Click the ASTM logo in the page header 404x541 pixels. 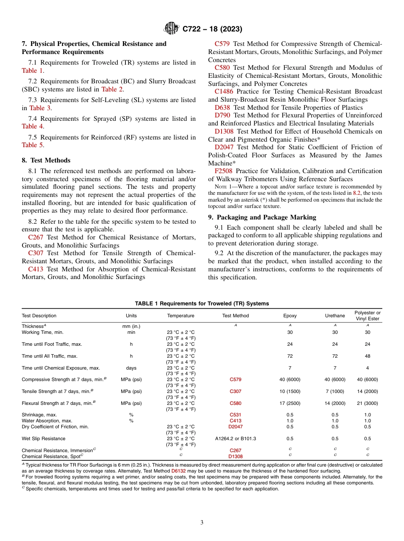(x=171, y=29)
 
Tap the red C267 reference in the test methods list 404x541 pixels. (x=36, y=237)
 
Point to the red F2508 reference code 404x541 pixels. (x=223, y=171)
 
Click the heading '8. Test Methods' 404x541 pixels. (x=46, y=160)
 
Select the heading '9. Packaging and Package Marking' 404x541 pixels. (x=262, y=217)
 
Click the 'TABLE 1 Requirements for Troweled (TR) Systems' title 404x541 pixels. (x=202, y=303)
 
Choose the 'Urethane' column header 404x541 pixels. (x=335, y=316)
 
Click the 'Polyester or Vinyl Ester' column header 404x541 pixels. (x=367, y=316)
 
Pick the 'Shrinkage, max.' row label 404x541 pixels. (x=39, y=415)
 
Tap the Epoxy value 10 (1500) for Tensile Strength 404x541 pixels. (x=290, y=391)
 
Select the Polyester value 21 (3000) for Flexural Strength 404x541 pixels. (x=367, y=403)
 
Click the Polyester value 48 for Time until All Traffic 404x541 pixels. (x=367, y=356)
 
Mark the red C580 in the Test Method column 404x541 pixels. (x=236, y=403)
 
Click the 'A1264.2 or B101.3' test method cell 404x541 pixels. (x=236, y=438)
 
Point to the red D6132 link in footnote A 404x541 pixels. (x=178, y=471)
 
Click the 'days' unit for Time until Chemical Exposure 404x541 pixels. (x=131, y=368)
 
